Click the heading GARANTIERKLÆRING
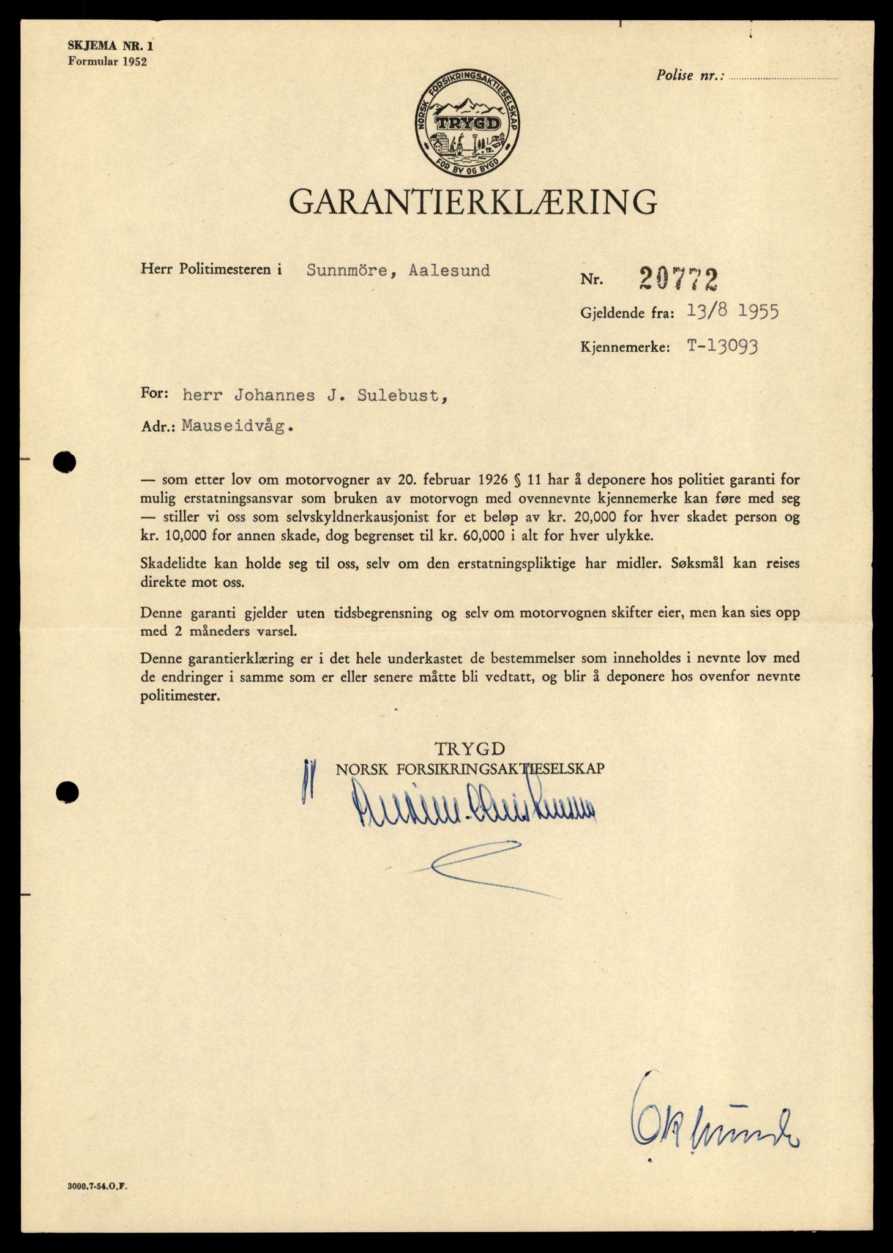[x=473, y=201]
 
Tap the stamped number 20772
[x=678, y=280]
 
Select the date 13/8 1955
[x=733, y=312]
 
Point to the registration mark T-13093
[x=722, y=346]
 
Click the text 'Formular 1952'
[x=108, y=61]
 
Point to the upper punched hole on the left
[x=64, y=462]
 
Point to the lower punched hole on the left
[x=66, y=793]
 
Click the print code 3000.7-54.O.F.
[x=100, y=1185]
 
